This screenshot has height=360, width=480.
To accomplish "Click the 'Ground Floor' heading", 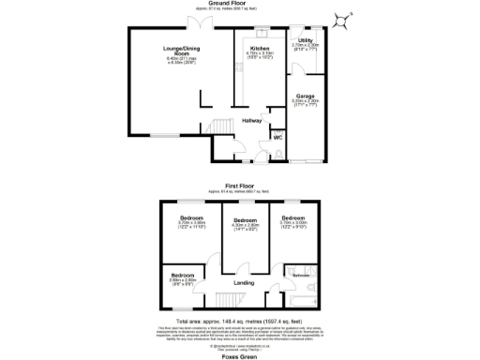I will point(241,4).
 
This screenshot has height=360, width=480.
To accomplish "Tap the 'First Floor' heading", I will point(240,186).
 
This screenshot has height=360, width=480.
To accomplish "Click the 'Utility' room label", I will point(306,40).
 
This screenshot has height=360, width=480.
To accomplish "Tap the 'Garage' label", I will point(306,96).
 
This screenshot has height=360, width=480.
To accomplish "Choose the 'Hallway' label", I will point(252,121).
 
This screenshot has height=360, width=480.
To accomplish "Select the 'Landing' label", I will point(244,282).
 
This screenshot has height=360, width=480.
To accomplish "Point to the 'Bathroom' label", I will point(302,275).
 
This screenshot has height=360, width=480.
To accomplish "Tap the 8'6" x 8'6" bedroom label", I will point(182,277).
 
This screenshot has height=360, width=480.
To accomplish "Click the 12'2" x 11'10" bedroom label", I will point(192,220).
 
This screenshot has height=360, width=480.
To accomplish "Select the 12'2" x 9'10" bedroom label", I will point(293,220).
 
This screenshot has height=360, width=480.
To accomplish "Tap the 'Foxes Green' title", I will point(240,355).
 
